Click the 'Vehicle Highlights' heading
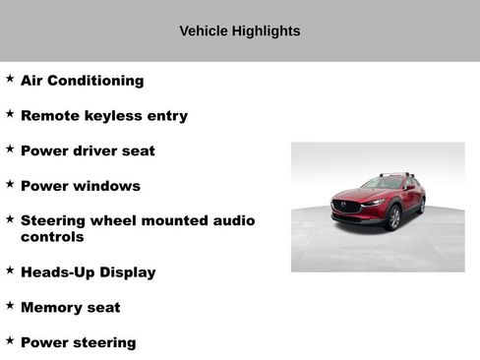pos(240,30)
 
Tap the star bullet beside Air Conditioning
pos(10,78)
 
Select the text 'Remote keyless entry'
pos(103,116)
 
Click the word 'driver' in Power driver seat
pos(93,150)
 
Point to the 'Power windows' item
pos(80,186)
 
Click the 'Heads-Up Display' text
pos(88,272)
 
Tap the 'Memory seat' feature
pos(70,307)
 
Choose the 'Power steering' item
pos(78,342)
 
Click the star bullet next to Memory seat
pos(10,305)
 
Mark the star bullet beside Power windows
pos(10,183)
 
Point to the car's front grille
pos(346,207)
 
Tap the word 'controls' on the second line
pos(52,237)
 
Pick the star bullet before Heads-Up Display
pos(10,270)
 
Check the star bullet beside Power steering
pos(10,340)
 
